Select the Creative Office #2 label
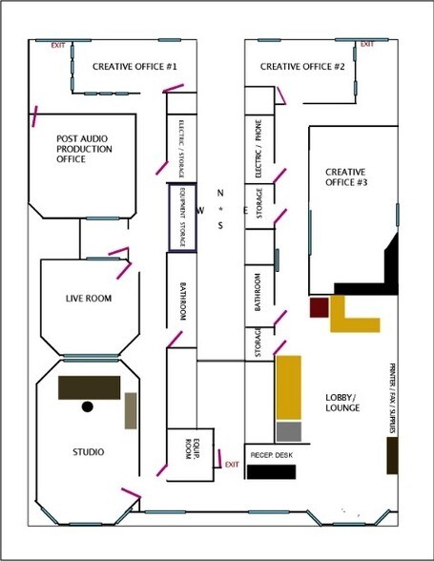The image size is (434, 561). point(302,66)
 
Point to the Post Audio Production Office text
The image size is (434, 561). point(84,148)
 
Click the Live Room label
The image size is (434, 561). point(88,299)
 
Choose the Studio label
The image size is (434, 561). point(89,451)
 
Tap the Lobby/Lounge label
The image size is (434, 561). point(341,402)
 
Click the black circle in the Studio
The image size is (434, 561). point(88,406)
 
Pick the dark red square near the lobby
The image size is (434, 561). point(319,306)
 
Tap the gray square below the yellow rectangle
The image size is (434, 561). point(289,430)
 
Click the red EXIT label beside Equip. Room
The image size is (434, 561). point(231,464)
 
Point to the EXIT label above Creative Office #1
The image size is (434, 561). point(58,45)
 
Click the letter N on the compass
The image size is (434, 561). point(220,192)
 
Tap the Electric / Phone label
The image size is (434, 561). point(258,148)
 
